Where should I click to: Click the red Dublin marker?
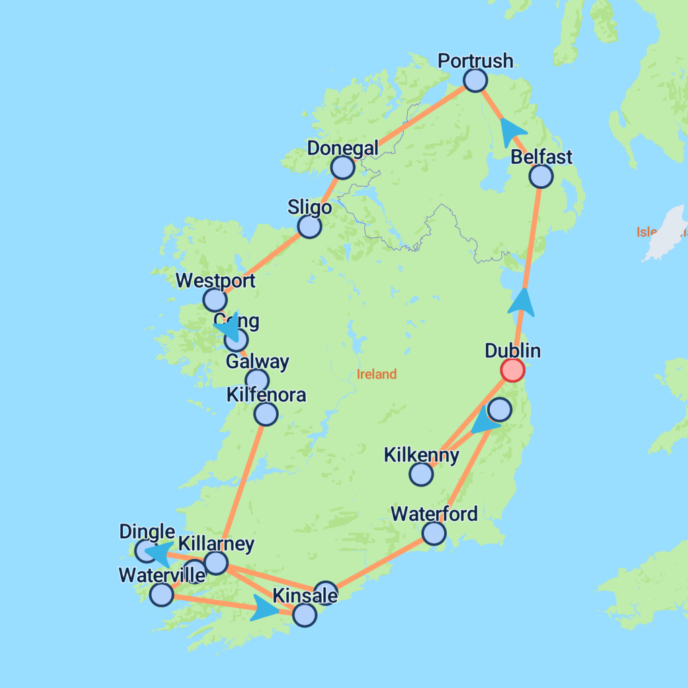513,370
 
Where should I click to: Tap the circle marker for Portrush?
475,81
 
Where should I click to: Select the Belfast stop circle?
540,176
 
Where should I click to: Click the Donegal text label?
343,148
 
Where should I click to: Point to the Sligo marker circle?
309,227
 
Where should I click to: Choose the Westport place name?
215,280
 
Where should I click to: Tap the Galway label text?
257,362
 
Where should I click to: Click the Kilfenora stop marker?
266,414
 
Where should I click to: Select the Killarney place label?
216,544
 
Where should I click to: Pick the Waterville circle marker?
161,595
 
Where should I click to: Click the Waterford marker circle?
434,533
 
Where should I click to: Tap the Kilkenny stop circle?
421,474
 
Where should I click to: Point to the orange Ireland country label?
376,374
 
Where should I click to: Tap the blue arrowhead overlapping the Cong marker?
228,329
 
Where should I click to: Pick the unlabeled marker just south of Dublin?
499,409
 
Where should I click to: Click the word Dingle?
146,532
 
